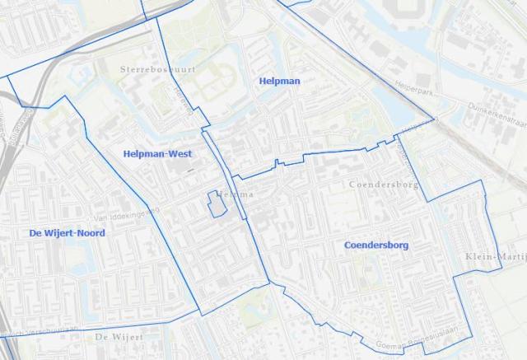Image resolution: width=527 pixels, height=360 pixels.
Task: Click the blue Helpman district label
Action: [x=279, y=81]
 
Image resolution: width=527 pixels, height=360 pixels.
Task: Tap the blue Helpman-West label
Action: [x=157, y=154]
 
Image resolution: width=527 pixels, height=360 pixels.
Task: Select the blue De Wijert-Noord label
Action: [x=68, y=233]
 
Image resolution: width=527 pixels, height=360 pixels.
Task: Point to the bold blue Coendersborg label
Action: [x=376, y=245]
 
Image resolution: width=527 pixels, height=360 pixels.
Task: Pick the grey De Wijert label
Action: [x=119, y=338]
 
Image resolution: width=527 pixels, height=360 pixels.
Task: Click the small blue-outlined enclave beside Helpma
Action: [x=216, y=203]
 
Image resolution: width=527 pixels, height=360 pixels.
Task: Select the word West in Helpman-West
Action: [x=179, y=154]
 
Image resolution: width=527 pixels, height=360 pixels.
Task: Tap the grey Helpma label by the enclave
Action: [x=236, y=194]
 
